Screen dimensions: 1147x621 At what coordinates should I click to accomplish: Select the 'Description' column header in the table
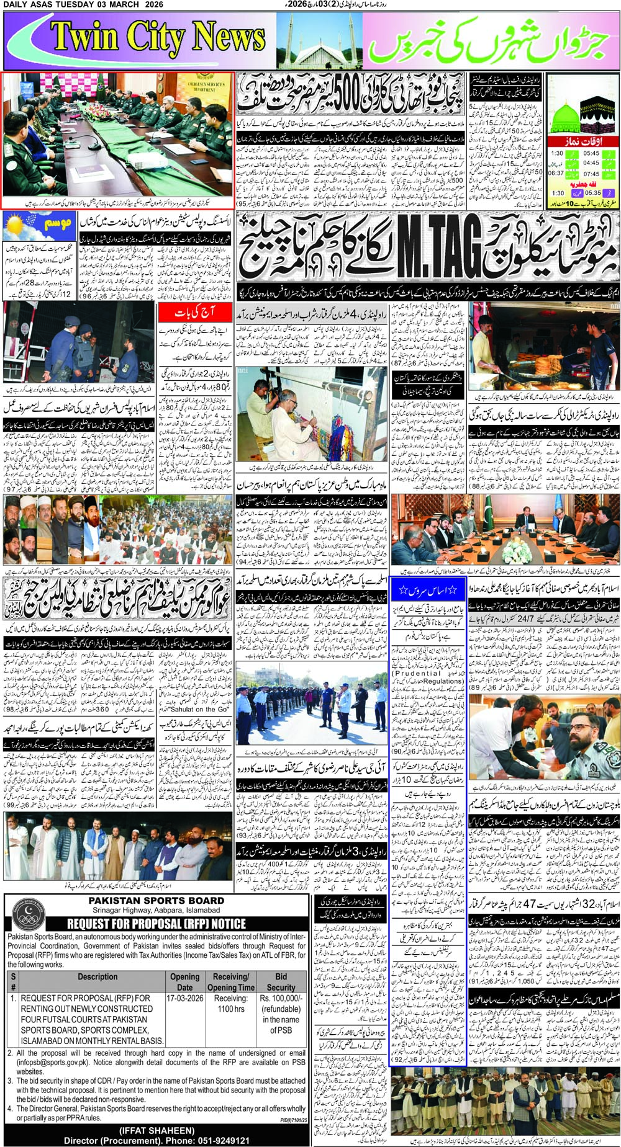[97, 976]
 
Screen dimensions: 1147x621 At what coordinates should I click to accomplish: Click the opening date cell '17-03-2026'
[185, 998]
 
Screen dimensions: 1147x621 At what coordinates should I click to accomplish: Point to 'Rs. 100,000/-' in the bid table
[281, 998]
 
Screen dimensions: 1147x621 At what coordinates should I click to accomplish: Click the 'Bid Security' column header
[281, 981]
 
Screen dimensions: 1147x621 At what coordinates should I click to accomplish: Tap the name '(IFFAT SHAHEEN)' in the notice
[156, 1130]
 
